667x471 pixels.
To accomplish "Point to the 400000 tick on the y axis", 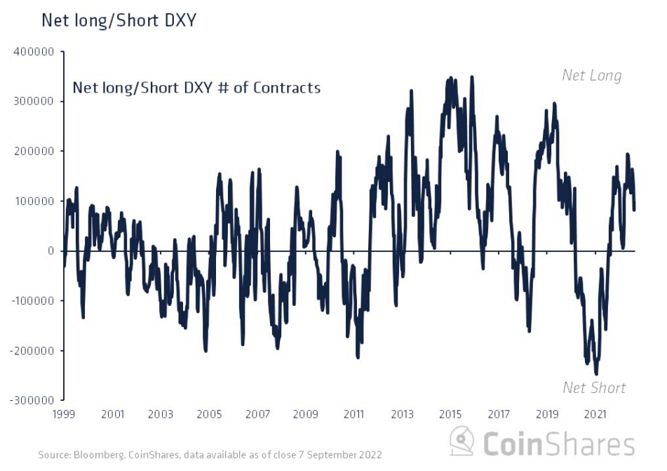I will click(34, 52).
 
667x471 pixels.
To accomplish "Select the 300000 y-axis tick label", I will click(34, 102).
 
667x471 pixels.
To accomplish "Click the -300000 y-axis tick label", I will click(32, 400).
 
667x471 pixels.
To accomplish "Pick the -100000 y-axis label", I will click(32, 300).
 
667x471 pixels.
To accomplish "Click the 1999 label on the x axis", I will click(65, 415).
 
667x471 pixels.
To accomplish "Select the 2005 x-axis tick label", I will click(209, 415).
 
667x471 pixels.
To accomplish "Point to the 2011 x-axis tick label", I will click(353, 415).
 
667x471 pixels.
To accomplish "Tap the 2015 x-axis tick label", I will click(450, 415).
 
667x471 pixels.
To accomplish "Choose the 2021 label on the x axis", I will click(595, 415).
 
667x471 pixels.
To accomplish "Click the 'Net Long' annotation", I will click(591, 76).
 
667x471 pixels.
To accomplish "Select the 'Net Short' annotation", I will click(594, 387).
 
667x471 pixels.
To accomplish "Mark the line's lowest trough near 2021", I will click(596, 373).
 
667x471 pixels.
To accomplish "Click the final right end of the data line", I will click(634, 209).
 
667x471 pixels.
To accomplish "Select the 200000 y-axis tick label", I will click(34, 152).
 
